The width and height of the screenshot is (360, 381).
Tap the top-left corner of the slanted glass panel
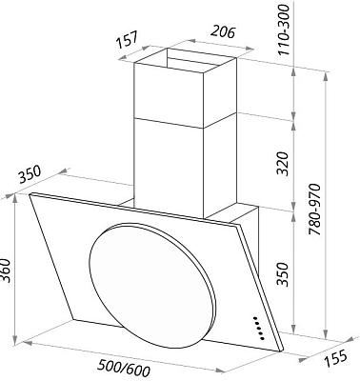[x=30, y=196]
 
